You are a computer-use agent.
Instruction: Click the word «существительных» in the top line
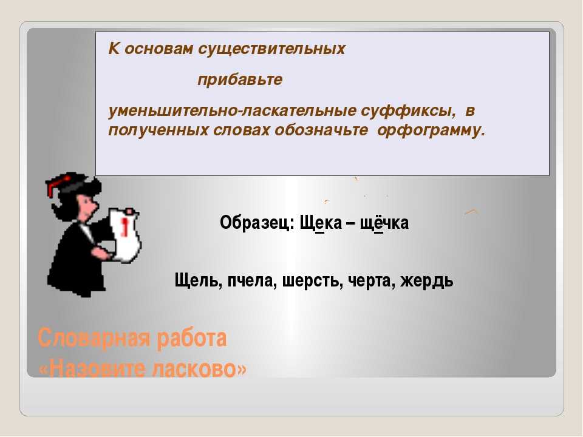271,49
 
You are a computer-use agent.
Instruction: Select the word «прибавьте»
240,80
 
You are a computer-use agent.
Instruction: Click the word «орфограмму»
431,130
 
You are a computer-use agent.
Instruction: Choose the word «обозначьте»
321,130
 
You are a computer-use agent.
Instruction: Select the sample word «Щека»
321,223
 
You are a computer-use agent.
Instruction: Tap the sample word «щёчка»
384,223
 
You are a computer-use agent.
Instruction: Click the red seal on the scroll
125,226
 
